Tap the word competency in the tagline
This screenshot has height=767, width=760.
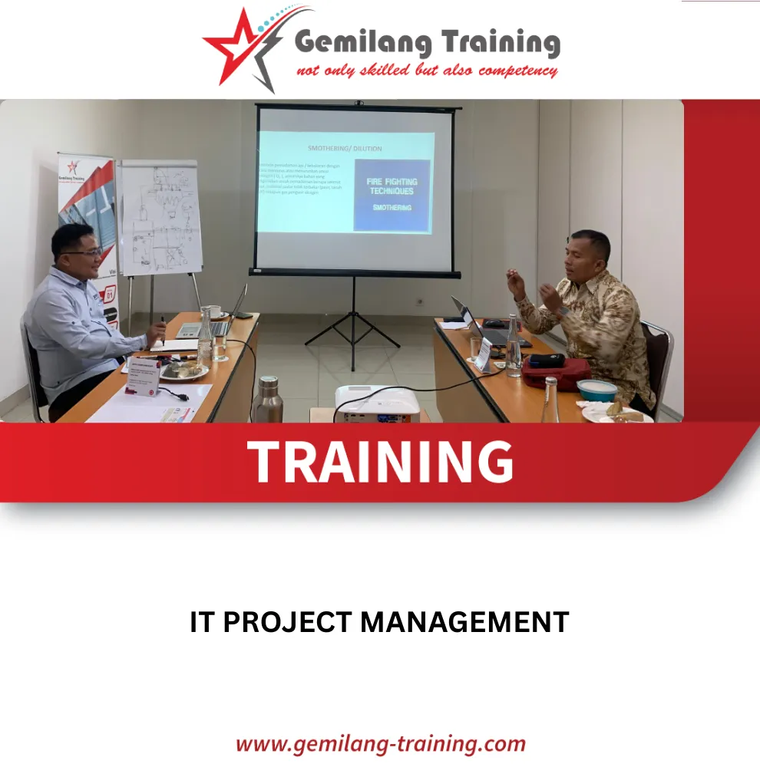(x=517, y=71)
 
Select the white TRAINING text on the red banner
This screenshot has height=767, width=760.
(x=380, y=462)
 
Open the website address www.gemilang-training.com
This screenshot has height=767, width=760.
(x=380, y=743)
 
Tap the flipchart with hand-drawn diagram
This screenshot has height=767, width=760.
(x=160, y=219)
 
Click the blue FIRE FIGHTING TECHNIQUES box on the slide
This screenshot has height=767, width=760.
(x=392, y=195)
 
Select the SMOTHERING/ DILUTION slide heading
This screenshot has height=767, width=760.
(x=345, y=148)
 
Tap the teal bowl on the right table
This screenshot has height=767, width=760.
(x=596, y=390)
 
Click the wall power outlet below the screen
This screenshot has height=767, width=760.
(x=420, y=301)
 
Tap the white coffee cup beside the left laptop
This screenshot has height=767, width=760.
(x=214, y=311)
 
